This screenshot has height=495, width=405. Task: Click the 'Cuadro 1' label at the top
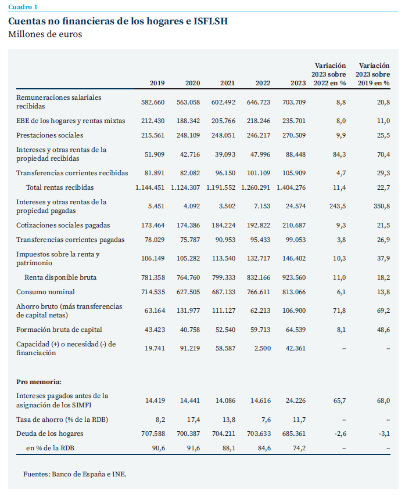point(23,7)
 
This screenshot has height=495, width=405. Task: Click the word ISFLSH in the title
point(210,21)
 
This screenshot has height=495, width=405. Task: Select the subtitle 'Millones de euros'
point(45,34)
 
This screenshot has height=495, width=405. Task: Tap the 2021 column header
point(228,83)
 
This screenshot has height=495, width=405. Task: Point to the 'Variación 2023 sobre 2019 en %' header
point(374,74)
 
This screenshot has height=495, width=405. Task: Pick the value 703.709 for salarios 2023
point(294,102)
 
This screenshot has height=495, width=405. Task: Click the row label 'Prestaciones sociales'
point(49,135)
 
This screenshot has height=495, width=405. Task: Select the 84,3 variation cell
point(339,154)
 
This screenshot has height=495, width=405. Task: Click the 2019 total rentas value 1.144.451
point(150,187)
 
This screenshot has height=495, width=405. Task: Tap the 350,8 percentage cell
point(381,206)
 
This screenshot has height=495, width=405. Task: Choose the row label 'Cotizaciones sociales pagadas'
point(63,225)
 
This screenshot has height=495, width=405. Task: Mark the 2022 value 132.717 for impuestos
point(259,258)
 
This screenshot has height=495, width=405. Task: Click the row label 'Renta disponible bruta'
point(60,277)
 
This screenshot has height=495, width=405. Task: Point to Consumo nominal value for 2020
point(188,292)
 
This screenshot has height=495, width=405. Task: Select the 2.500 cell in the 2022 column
point(263,348)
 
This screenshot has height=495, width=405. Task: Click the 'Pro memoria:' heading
point(39,382)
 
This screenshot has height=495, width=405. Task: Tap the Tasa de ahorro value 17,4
point(193,420)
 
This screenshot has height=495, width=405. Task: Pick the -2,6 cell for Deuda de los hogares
point(340,433)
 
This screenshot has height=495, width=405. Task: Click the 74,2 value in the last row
point(299,448)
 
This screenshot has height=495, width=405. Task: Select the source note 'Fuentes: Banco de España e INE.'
point(74,474)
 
